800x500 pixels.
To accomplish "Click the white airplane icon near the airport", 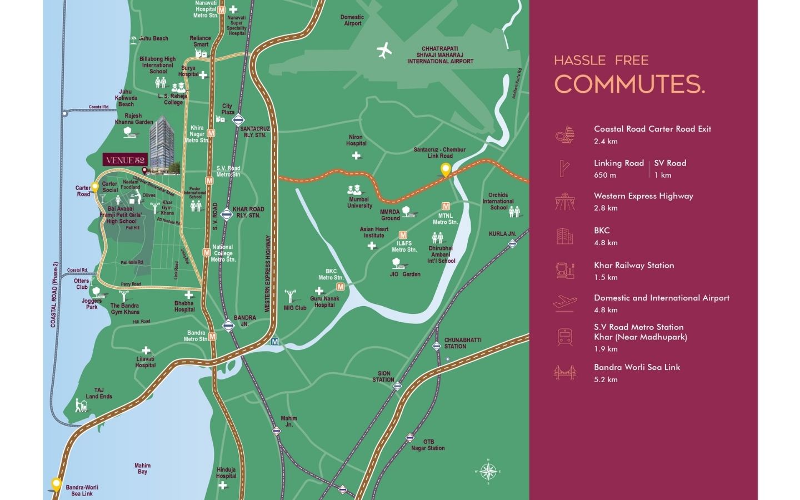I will (384, 51).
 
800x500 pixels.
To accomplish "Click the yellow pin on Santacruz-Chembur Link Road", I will (446, 169).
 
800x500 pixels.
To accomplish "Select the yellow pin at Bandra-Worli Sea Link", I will (56, 484).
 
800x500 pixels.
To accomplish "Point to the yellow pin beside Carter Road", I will (95, 187).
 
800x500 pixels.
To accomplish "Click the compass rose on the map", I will (488, 472).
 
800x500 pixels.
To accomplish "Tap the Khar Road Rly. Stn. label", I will (248, 212).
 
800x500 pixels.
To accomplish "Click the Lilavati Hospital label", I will (146, 362).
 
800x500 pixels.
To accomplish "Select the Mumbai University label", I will (359, 202).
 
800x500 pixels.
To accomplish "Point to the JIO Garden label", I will (405, 274).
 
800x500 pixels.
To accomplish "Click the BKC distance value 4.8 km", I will (606, 243).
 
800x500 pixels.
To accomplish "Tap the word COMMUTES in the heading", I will (629, 84).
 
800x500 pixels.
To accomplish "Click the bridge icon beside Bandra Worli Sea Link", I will (564, 373).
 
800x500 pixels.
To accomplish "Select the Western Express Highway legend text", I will (643, 196).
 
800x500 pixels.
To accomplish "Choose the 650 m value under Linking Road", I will (605, 175).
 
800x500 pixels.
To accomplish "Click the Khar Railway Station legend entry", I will (634, 266).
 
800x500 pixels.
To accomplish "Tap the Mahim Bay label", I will (142, 468).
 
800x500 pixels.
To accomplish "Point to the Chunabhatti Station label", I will (463, 343).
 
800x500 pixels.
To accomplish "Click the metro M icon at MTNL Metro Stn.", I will (446, 206).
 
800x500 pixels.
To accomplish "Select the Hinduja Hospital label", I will (226, 473).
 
